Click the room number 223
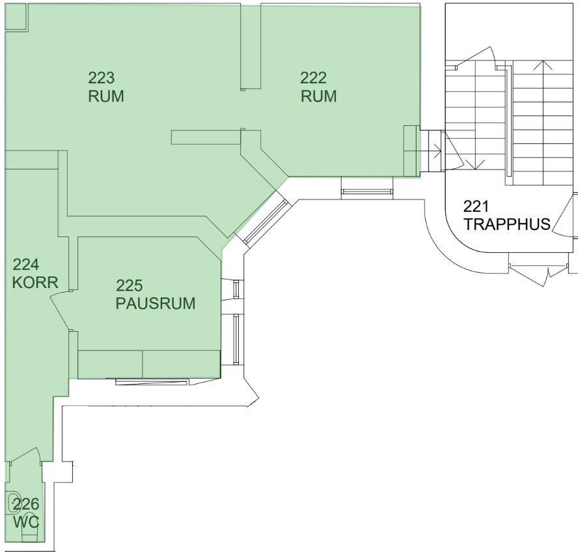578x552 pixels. [x=102, y=78]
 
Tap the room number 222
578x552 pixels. [x=313, y=78]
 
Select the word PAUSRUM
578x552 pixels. [x=156, y=303]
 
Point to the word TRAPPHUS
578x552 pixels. [x=507, y=224]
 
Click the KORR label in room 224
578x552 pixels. [x=35, y=283]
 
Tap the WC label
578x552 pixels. [x=26, y=522]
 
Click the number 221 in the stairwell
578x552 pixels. [x=476, y=206]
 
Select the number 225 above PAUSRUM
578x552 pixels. [x=130, y=285]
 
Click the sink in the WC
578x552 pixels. [x=13, y=502]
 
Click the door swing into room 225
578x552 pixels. [x=59, y=309]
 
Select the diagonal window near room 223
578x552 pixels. [x=266, y=222]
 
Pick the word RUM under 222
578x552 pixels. [x=318, y=96]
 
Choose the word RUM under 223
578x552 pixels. [x=106, y=96]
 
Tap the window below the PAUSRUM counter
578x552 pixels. [x=152, y=382]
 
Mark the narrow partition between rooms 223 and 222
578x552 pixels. [x=251, y=46]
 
